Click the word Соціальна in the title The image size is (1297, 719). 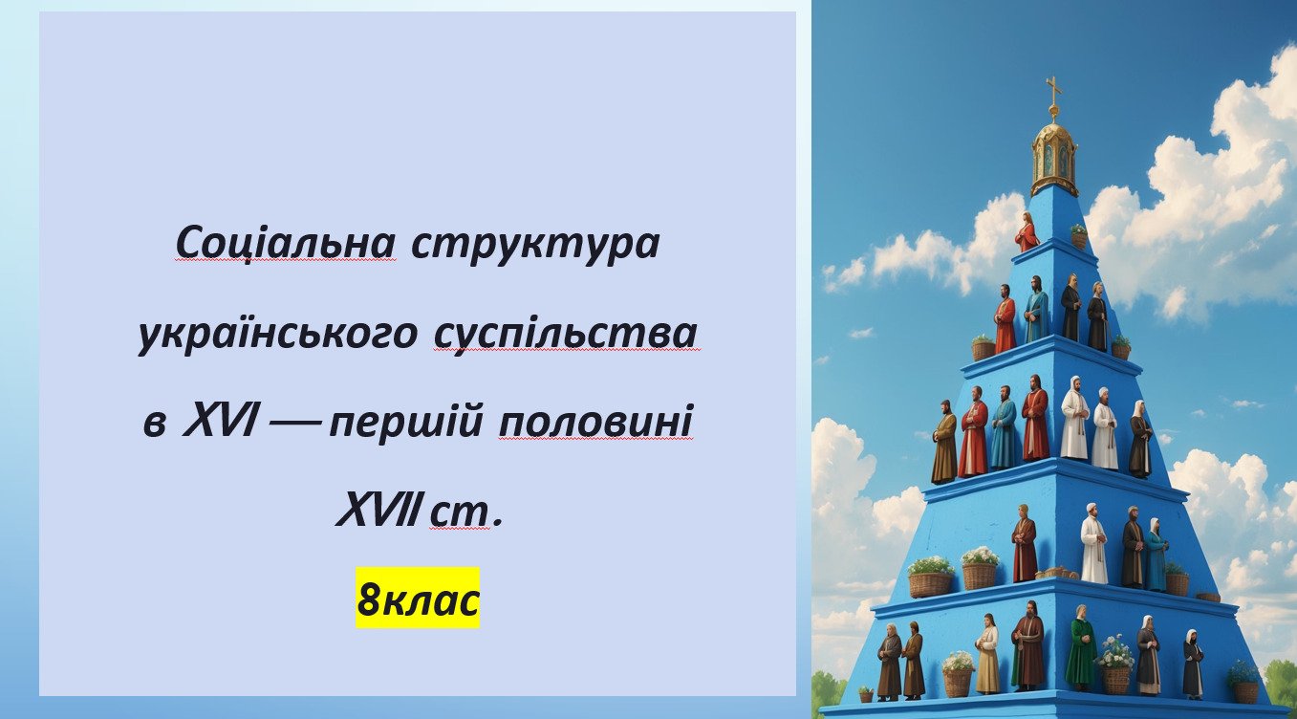(286, 243)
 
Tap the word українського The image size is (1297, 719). (277, 335)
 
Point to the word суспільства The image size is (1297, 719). (565, 336)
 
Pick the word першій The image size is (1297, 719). (405, 425)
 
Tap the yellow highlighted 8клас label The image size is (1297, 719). (418, 598)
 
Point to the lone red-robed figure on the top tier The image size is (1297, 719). (1027, 231)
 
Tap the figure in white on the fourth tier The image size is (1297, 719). (1093, 543)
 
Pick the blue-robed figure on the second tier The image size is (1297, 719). (1036, 309)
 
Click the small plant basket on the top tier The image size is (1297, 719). (1078, 236)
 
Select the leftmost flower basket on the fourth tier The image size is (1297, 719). (931, 577)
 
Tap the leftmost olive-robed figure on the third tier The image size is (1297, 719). (944, 442)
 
